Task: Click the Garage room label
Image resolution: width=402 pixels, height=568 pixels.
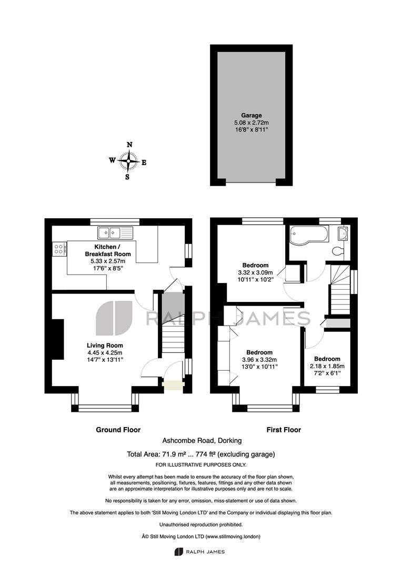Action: coord(251,116)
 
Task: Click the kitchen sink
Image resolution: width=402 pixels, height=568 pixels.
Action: coord(115,232)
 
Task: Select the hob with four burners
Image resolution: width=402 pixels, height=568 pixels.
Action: coord(59,249)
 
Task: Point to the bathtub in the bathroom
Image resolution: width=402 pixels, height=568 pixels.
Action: coord(309,234)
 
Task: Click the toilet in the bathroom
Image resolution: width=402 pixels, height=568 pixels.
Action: coord(338,251)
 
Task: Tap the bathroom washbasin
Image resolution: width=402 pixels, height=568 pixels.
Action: coord(342,234)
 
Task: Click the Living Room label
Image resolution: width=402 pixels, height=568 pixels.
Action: coord(105,346)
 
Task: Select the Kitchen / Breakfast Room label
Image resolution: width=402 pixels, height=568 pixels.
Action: coord(108,250)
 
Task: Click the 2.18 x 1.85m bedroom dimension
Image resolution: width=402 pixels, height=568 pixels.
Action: coord(327,366)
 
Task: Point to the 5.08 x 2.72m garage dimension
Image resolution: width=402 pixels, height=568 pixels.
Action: coord(251,123)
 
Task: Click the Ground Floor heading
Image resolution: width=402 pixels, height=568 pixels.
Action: coord(118,430)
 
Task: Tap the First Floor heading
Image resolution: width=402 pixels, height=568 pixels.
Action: coord(284,430)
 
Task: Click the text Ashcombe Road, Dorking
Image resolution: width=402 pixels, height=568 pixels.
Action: coord(202,441)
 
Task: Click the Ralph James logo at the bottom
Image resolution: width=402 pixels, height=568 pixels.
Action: coord(199,552)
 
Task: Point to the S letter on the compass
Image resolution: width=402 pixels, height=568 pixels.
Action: coord(127,177)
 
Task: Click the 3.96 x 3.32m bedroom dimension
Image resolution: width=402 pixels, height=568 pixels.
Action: coord(259,360)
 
